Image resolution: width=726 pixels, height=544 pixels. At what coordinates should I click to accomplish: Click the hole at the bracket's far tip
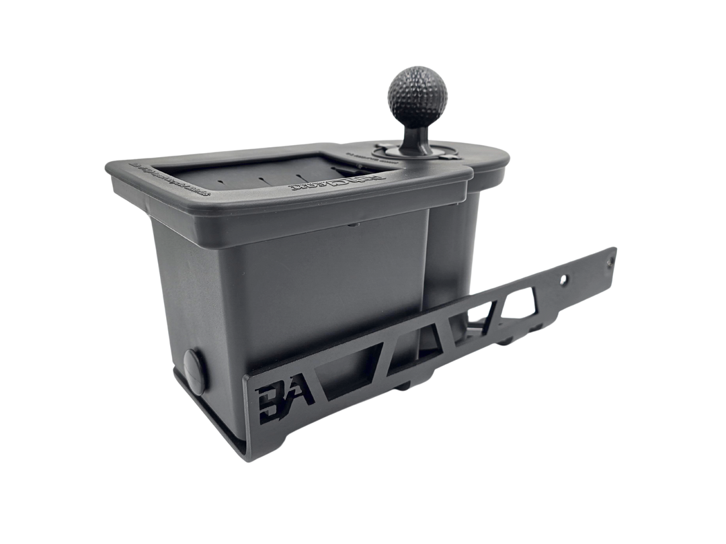pyautogui.click(x=611, y=256)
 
